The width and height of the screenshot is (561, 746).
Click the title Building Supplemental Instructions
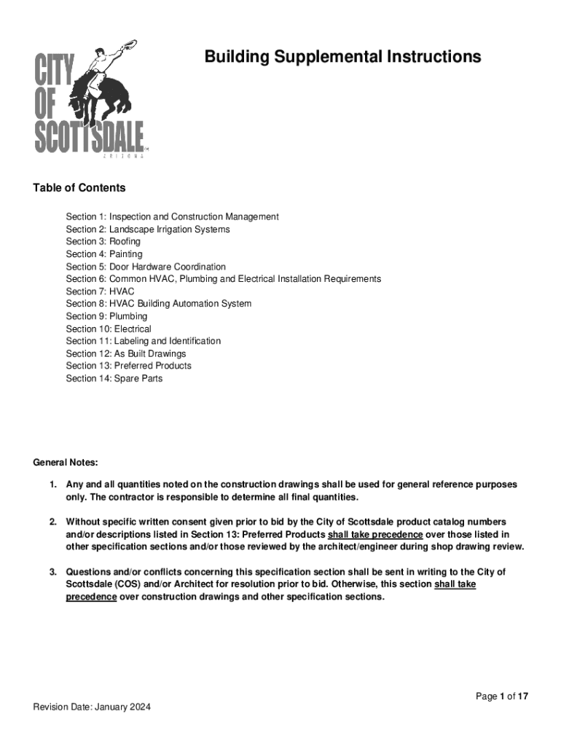[342, 57]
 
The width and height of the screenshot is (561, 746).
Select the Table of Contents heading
[79, 188]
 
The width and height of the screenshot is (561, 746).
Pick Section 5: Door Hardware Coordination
[146, 267]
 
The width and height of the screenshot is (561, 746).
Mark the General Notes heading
[66, 463]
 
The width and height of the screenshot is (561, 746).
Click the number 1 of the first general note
[52, 484]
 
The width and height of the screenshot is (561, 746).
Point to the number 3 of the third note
[52, 572]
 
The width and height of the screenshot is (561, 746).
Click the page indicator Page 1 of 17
[502, 696]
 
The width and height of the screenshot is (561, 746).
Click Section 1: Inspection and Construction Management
[172, 217]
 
